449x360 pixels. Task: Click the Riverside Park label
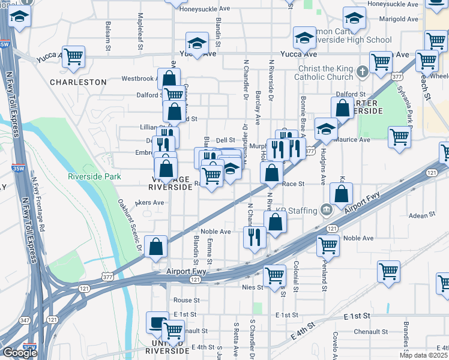click(94, 176)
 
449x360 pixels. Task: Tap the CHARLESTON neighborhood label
click(78, 82)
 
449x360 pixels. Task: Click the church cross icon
click(362, 72)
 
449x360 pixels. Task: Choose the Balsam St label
click(108, 35)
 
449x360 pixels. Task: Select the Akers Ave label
click(149, 203)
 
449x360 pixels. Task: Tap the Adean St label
click(421, 215)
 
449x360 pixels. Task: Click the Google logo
click(20, 353)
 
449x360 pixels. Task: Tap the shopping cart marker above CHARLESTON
click(73, 57)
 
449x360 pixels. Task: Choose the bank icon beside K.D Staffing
click(326, 210)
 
